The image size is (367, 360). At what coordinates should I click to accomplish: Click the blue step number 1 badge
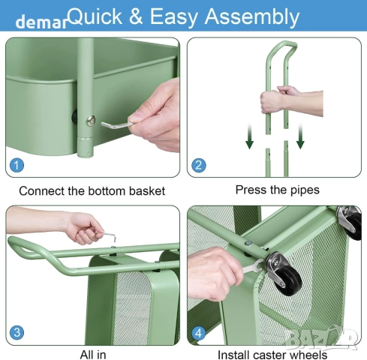tap(17, 165)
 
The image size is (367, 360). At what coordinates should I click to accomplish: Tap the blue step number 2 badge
tap(199, 165)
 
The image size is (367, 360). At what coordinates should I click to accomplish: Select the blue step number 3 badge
tap(17, 332)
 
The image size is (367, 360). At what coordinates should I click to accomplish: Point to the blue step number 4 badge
tap(199, 333)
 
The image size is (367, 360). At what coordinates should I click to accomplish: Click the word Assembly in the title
tap(252, 17)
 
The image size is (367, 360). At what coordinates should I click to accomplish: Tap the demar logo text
tap(41, 22)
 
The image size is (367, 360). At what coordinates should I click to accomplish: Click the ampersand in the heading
tap(136, 16)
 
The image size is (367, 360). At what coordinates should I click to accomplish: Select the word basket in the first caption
tap(147, 191)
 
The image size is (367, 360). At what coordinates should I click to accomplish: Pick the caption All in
tap(93, 354)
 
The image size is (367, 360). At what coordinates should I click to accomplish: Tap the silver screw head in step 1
tap(91, 121)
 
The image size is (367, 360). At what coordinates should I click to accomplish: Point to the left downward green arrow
tap(249, 136)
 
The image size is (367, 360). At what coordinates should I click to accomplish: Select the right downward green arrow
tap(300, 136)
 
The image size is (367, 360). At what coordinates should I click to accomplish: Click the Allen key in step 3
tap(110, 236)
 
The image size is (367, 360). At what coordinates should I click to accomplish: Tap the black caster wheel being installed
tap(288, 279)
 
